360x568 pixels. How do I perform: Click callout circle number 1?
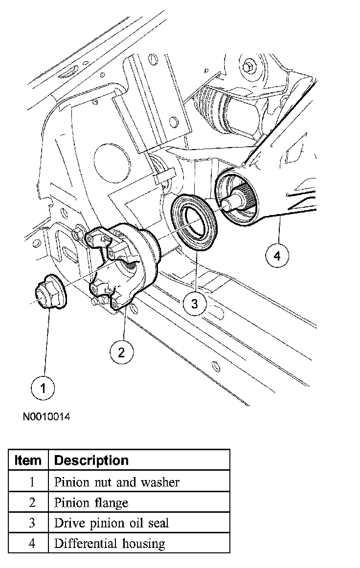44,389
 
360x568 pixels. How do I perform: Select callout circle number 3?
194,304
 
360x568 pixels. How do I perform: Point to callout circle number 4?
277,255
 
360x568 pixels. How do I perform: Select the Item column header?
28,460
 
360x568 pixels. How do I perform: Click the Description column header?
91,460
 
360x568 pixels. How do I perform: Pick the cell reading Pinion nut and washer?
117,482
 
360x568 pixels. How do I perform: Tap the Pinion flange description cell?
91,502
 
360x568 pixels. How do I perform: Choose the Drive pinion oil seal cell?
111,523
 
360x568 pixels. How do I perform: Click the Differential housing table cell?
110,543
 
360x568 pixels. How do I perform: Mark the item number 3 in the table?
31,523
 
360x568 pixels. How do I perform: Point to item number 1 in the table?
31,482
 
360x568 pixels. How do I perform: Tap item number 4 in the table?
31,543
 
